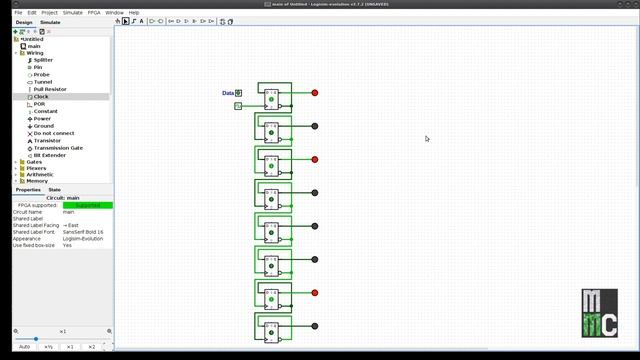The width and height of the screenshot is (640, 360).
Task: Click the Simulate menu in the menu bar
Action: point(74,12)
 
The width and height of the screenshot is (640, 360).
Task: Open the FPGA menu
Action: point(94,12)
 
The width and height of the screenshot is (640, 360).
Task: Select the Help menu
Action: point(134,12)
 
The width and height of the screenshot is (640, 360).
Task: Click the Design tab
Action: point(23,21)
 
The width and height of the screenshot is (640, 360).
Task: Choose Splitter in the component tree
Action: point(43,60)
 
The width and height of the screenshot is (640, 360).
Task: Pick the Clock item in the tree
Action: point(41,97)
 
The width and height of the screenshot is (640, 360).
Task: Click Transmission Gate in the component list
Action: point(58,148)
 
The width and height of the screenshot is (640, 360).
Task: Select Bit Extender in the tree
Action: point(50,155)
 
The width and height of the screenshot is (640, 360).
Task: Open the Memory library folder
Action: point(36,181)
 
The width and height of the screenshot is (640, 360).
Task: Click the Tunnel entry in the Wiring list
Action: point(41,82)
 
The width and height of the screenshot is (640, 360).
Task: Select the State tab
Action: point(55,189)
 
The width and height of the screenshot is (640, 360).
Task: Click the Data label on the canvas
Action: point(227,93)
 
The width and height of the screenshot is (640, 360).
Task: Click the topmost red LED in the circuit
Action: point(315,93)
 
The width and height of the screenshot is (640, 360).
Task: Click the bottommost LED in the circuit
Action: point(315,326)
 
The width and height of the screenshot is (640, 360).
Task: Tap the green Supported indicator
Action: point(88,205)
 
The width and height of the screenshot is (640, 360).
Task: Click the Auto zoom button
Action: point(24,347)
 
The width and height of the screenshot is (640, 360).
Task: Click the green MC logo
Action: point(601,314)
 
